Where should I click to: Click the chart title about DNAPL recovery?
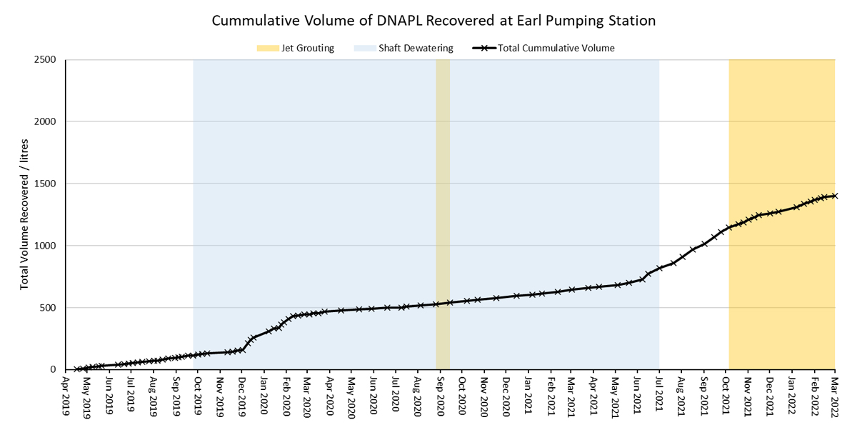[433, 21]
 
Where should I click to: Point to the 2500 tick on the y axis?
[46, 59]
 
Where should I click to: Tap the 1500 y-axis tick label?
[46, 184]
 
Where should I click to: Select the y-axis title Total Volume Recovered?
[24, 214]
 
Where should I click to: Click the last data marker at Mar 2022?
[835, 196]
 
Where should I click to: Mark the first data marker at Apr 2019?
[78, 369]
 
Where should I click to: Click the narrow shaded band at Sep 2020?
[443, 214]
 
